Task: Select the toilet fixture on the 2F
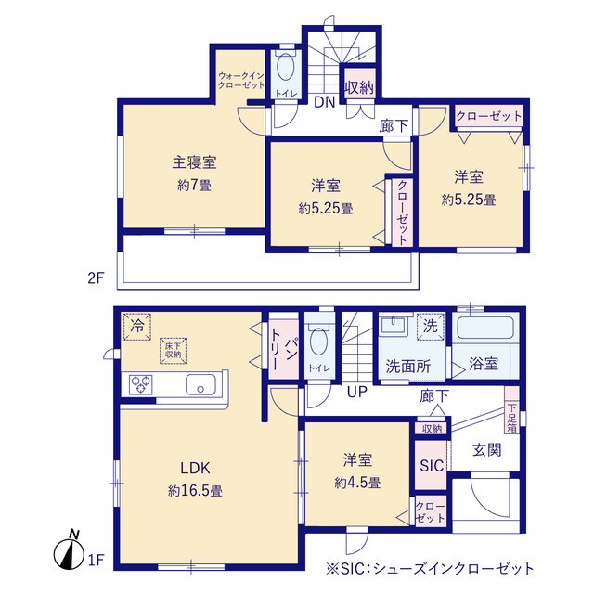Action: [x=284, y=67]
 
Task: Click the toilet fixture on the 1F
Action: [x=319, y=344]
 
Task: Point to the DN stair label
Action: [x=323, y=103]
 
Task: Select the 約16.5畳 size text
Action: [x=195, y=489]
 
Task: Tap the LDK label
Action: [x=195, y=467]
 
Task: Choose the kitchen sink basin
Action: [x=201, y=385]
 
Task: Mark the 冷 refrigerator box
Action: [x=137, y=326]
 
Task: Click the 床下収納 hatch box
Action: [x=173, y=348]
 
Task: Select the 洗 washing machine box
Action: [x=430, y=326]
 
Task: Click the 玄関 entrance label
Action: [x=486, y=450]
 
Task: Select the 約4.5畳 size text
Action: [x=357, y=482]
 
